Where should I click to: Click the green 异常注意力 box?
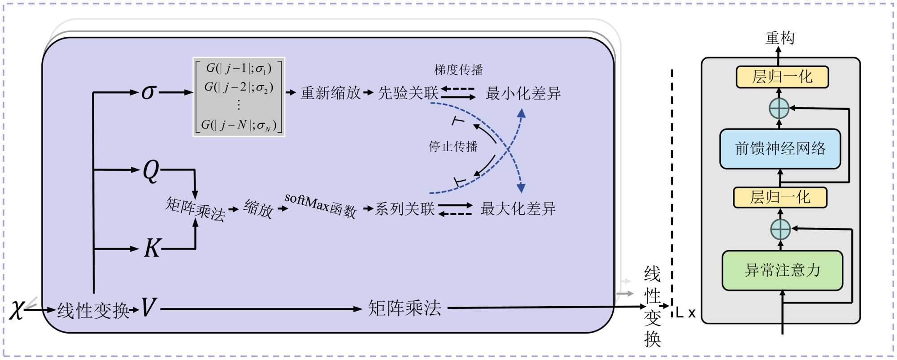(x=782, y=270)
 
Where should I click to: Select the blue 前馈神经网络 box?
(x=780, y=149)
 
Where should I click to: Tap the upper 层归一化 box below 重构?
(x=782, y=77)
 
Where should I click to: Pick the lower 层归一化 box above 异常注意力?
(x=780, y=197)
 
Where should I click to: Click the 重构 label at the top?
(x=780, y=38)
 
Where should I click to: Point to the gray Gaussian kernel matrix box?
(x=239, y=97)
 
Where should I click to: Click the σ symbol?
(x=148, y=92)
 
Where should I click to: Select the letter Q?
(x=151, y=171)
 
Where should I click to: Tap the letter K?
(x=152, y=248)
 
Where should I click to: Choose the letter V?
(x=148, y=308)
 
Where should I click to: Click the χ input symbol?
(x=17, y=309)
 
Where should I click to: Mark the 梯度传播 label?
(x=458, y=70)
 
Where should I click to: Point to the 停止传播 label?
(x=453, y=147)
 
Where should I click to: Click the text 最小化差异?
(x=523, y=94)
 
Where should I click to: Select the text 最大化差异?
(x=518, y=209)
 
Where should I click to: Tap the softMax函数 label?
(x=320, y=206)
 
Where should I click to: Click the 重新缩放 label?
(x=331, y=93)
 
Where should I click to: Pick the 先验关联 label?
(x=408, y=93)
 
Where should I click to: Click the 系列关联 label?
(x=405, y=209)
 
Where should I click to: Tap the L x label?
(x=685, y=313)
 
